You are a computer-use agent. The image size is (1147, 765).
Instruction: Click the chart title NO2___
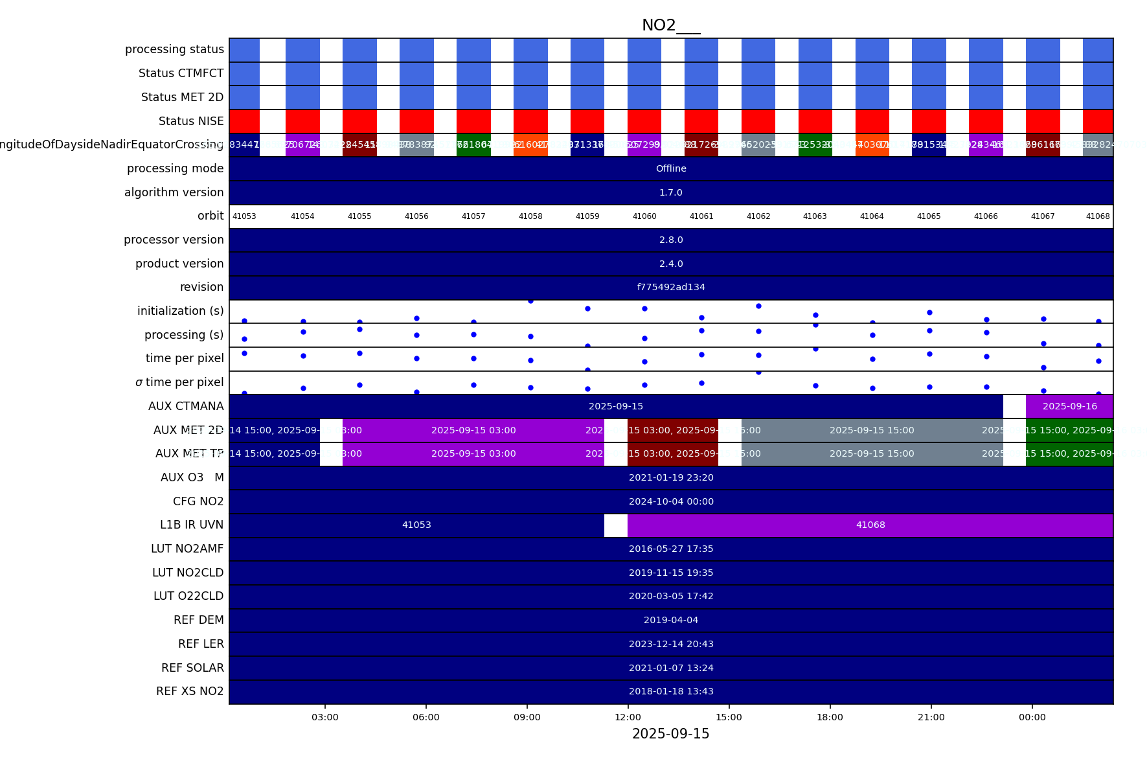tap(670, 25)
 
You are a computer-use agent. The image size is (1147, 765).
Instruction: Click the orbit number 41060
tap(644, 216)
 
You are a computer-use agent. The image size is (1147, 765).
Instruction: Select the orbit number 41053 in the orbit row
tap(244, 216)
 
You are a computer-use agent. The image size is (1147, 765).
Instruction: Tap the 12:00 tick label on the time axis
tap(628, 717)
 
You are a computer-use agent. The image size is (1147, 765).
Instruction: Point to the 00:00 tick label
tap(1032, 717)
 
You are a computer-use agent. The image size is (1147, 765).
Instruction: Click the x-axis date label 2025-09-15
tap(670, 734)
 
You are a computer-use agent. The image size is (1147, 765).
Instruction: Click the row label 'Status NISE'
tap(191, 121)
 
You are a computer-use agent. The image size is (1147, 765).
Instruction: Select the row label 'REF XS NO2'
tap(190, 691)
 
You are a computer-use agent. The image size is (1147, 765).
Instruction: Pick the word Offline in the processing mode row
tap(671, 168)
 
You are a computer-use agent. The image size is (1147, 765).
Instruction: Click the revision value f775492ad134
tap(671, 287)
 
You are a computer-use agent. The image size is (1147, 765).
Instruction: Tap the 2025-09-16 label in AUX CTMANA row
tap(1069, 406)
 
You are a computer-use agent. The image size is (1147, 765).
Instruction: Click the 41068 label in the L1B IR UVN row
tap(870, 525)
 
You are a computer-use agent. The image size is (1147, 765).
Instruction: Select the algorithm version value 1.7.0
tap(671, 192)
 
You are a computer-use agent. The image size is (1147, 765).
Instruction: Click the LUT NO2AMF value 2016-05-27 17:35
tap(671, 549)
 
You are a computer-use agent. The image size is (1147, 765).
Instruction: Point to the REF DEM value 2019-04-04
tap(671, 620)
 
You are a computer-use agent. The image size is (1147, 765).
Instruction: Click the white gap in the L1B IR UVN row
tap(615, 525)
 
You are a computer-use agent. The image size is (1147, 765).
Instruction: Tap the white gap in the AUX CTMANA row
tap(1014, 406)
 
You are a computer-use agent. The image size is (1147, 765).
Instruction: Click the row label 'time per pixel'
tap(185, 358)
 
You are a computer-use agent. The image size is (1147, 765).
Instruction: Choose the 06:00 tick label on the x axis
tap(426, 717)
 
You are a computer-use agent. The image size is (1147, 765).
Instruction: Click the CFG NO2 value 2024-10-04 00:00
tap(671, 501)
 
